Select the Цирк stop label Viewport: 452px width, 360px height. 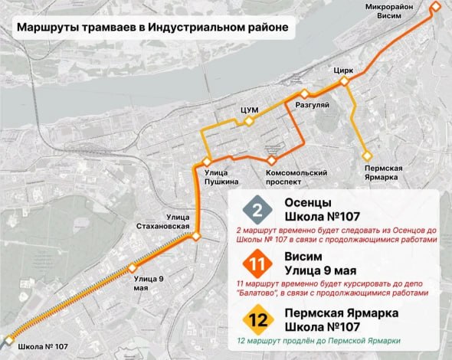pos(343,70)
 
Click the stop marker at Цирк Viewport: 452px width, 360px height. pos(345,80)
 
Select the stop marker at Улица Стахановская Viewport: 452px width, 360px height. pos(196,237)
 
